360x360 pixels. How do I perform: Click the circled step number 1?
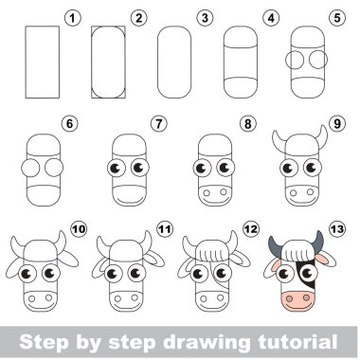coord(73,18)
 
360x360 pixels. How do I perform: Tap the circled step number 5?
coord(337,18)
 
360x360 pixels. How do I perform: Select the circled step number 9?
coord(337,123)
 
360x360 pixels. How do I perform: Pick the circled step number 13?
coord(337,228)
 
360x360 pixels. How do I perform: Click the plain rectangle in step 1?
coord(43,62)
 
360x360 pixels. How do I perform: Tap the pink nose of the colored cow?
coord(297,301)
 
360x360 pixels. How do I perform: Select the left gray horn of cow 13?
coord(276,245)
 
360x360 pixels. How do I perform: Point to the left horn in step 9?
coord(279,139)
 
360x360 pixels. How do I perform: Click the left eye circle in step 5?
coord(295,60)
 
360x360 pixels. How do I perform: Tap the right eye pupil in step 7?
coord(137,167)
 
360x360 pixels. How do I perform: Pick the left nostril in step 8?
coord(207,192)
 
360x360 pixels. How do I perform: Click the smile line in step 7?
coord(130,201)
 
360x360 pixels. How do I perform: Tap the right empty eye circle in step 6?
coord(54,168)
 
